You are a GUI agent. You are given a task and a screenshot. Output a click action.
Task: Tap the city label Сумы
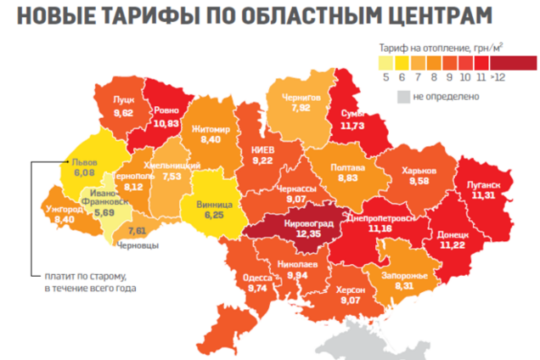coord(351,114)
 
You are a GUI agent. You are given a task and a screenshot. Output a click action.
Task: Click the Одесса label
coord(257,277)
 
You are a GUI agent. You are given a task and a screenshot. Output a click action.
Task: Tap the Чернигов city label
coord(301,98)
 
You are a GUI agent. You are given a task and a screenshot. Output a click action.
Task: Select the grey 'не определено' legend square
coord(403,96)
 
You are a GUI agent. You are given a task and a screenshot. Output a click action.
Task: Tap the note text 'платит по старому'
coord(85,278)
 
